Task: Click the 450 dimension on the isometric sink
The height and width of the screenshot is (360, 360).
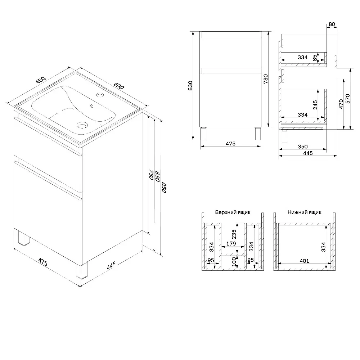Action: click(41, 80)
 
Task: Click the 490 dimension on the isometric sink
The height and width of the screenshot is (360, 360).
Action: click(119, 86)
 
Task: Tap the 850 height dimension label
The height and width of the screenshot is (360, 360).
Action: click(164, 188)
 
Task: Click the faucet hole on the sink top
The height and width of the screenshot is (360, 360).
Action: click(100, 95)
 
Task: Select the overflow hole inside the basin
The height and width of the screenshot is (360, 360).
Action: click(92, 106)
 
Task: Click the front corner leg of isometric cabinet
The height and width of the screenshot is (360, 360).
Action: click(82, 271)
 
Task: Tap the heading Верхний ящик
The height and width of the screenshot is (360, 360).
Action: click(233, 212)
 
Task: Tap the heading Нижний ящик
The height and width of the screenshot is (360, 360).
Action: click(304, 212)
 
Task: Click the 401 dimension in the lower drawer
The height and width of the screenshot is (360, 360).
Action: click(305, 261)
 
